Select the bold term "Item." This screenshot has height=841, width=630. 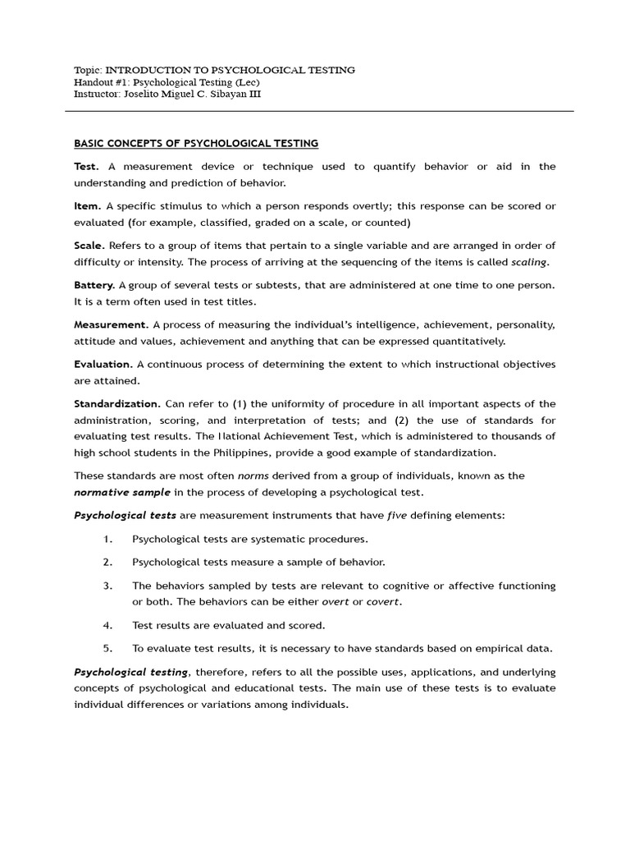(x=88, y=205)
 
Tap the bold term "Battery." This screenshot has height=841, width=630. (x=94, y=284)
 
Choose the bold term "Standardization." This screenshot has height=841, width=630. (x=117, y=404)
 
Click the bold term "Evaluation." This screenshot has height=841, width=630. (x=103, y=364)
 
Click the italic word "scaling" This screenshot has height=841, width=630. (x=529, y=262)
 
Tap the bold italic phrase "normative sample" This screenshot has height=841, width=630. (x=122, y=492)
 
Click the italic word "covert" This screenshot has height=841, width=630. (x=384, y=602)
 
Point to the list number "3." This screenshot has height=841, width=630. (x=107, y=586)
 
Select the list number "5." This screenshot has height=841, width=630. (x=107, y=648)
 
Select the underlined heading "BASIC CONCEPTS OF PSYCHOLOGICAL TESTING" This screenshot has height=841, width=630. (x=196, y=144)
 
